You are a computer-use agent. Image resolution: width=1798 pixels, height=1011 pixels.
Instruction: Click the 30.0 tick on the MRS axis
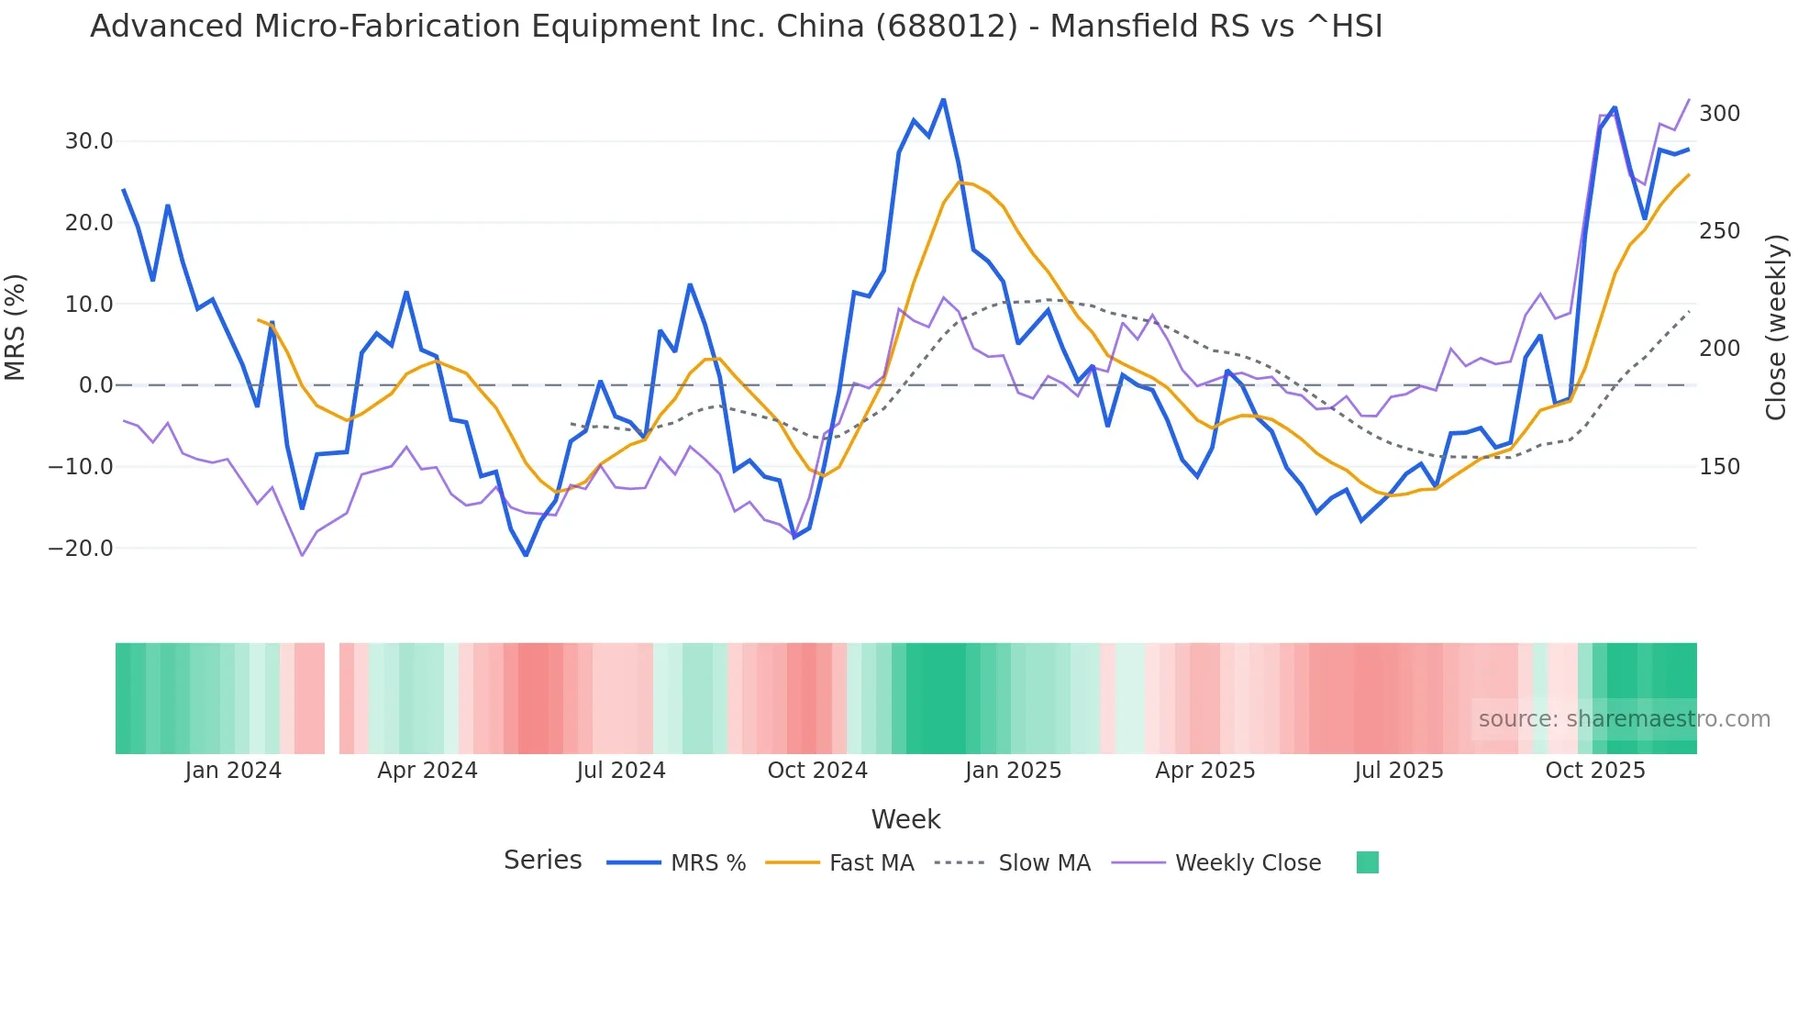[x=88, y=141]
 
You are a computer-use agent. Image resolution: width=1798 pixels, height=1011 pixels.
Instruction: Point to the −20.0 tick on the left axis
[x=81, y=549]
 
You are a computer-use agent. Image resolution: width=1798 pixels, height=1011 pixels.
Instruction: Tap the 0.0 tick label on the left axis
[x=95, y=385]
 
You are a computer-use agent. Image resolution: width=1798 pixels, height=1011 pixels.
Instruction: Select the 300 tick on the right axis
[x=1719, y=114]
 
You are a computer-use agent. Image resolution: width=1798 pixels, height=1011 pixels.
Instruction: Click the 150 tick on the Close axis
[x=1719, y=467]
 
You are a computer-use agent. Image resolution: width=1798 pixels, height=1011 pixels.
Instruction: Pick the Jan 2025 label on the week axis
[x=1013, y=771]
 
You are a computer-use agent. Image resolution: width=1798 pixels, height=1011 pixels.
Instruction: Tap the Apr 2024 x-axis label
[x=427, y=771]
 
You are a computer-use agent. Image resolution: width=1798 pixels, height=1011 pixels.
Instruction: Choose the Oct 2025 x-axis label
[x=1595, y=771]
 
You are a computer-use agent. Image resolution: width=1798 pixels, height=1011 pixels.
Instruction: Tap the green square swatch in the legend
[x=1367, y=862]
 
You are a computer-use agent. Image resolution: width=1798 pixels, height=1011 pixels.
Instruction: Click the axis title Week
[x=905, y=819]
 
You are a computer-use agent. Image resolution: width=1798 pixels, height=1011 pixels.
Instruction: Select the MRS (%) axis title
[x=16, y=327]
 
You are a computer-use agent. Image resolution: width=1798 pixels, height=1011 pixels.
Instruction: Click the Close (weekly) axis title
[x=1776, y=328]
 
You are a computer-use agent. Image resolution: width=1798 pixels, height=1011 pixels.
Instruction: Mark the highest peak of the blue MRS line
[x=943, y=99]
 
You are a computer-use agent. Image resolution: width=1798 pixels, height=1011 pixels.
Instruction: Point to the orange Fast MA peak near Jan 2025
[x=960, y=182]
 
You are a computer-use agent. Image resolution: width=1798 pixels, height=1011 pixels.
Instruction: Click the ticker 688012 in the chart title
[x=946, y=27]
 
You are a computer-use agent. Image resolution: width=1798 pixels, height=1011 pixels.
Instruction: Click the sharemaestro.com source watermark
[x=1624, y=719]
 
